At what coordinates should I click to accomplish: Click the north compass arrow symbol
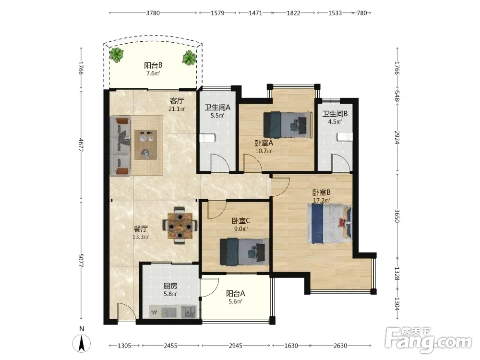[x=82, y=343]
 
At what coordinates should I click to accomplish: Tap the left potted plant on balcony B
[x=117, y=55]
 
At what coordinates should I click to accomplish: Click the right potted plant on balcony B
[x=189, y=58]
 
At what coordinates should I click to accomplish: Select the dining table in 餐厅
[x=180, y=226]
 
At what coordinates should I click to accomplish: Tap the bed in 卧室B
[x=329, y=224]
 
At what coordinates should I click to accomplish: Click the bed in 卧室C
[x=244, y=252]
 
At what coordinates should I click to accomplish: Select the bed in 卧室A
[x=288, y=125]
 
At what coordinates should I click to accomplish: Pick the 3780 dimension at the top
[x=153, y=13]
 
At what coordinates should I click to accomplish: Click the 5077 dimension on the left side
[x=81, y=261]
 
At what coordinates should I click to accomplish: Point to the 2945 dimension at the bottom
[x=235, y=346]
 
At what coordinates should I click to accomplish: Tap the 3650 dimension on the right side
[x=397, y=216]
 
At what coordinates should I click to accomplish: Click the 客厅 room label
[x=177, y=101]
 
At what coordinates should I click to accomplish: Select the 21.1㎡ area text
[x=177, y=108]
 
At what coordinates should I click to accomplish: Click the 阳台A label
[x=235, y=293]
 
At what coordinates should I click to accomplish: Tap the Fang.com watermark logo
[x=428, y=340]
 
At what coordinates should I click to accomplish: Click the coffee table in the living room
[x=146, y=145]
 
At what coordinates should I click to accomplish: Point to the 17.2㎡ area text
[x=321, y=201]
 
